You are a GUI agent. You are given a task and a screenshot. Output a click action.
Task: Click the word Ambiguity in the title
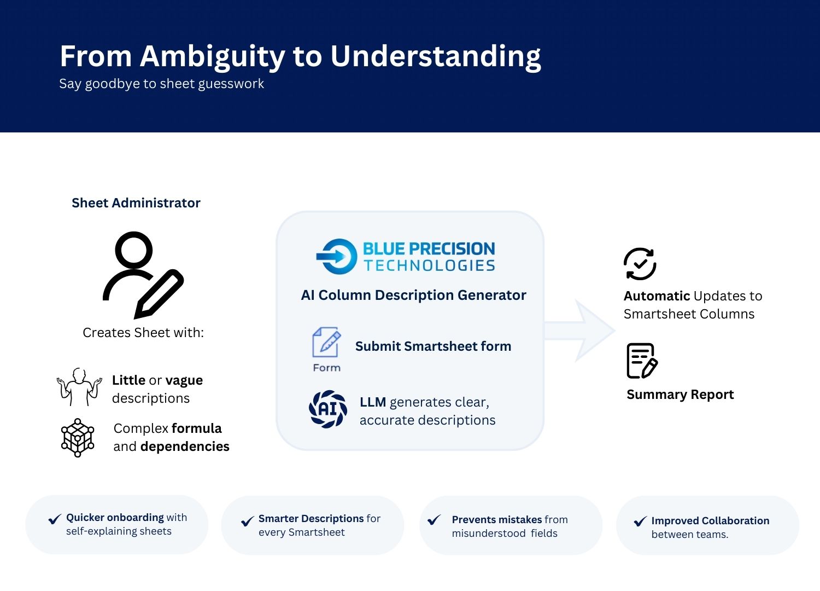[x=212, y=57]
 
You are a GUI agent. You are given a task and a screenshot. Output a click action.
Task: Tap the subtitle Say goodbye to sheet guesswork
[x=161, y=84]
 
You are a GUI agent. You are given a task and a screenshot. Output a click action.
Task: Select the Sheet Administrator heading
[x=136, y=203]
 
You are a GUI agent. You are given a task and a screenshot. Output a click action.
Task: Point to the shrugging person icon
[x=79, y=386]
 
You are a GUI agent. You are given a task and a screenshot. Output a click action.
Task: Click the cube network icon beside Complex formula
[x=78, y=438]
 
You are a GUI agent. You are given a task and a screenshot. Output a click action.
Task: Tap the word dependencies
[x=185, y=447]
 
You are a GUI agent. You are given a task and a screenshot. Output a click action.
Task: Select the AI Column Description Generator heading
[x=413, y=296]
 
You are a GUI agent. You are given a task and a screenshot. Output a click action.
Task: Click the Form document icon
[x=326, y=343]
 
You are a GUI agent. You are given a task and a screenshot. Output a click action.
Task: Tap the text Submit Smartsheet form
[x=433, y=346]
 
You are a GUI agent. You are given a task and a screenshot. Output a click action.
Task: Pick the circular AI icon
[x=328, y=409]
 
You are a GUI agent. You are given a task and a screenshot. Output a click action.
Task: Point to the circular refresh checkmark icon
[x=640, y=264]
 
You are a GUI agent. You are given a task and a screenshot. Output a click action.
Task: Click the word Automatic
[x=657, y=296]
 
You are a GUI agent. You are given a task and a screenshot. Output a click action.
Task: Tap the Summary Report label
[x=680, y=395]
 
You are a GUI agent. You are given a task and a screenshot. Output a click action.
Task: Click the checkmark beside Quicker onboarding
[x=55, y=519]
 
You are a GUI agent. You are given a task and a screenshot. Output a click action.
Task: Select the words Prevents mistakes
[x=496, y=520]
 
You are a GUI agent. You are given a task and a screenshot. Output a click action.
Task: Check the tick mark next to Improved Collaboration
[x=640, y=522]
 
